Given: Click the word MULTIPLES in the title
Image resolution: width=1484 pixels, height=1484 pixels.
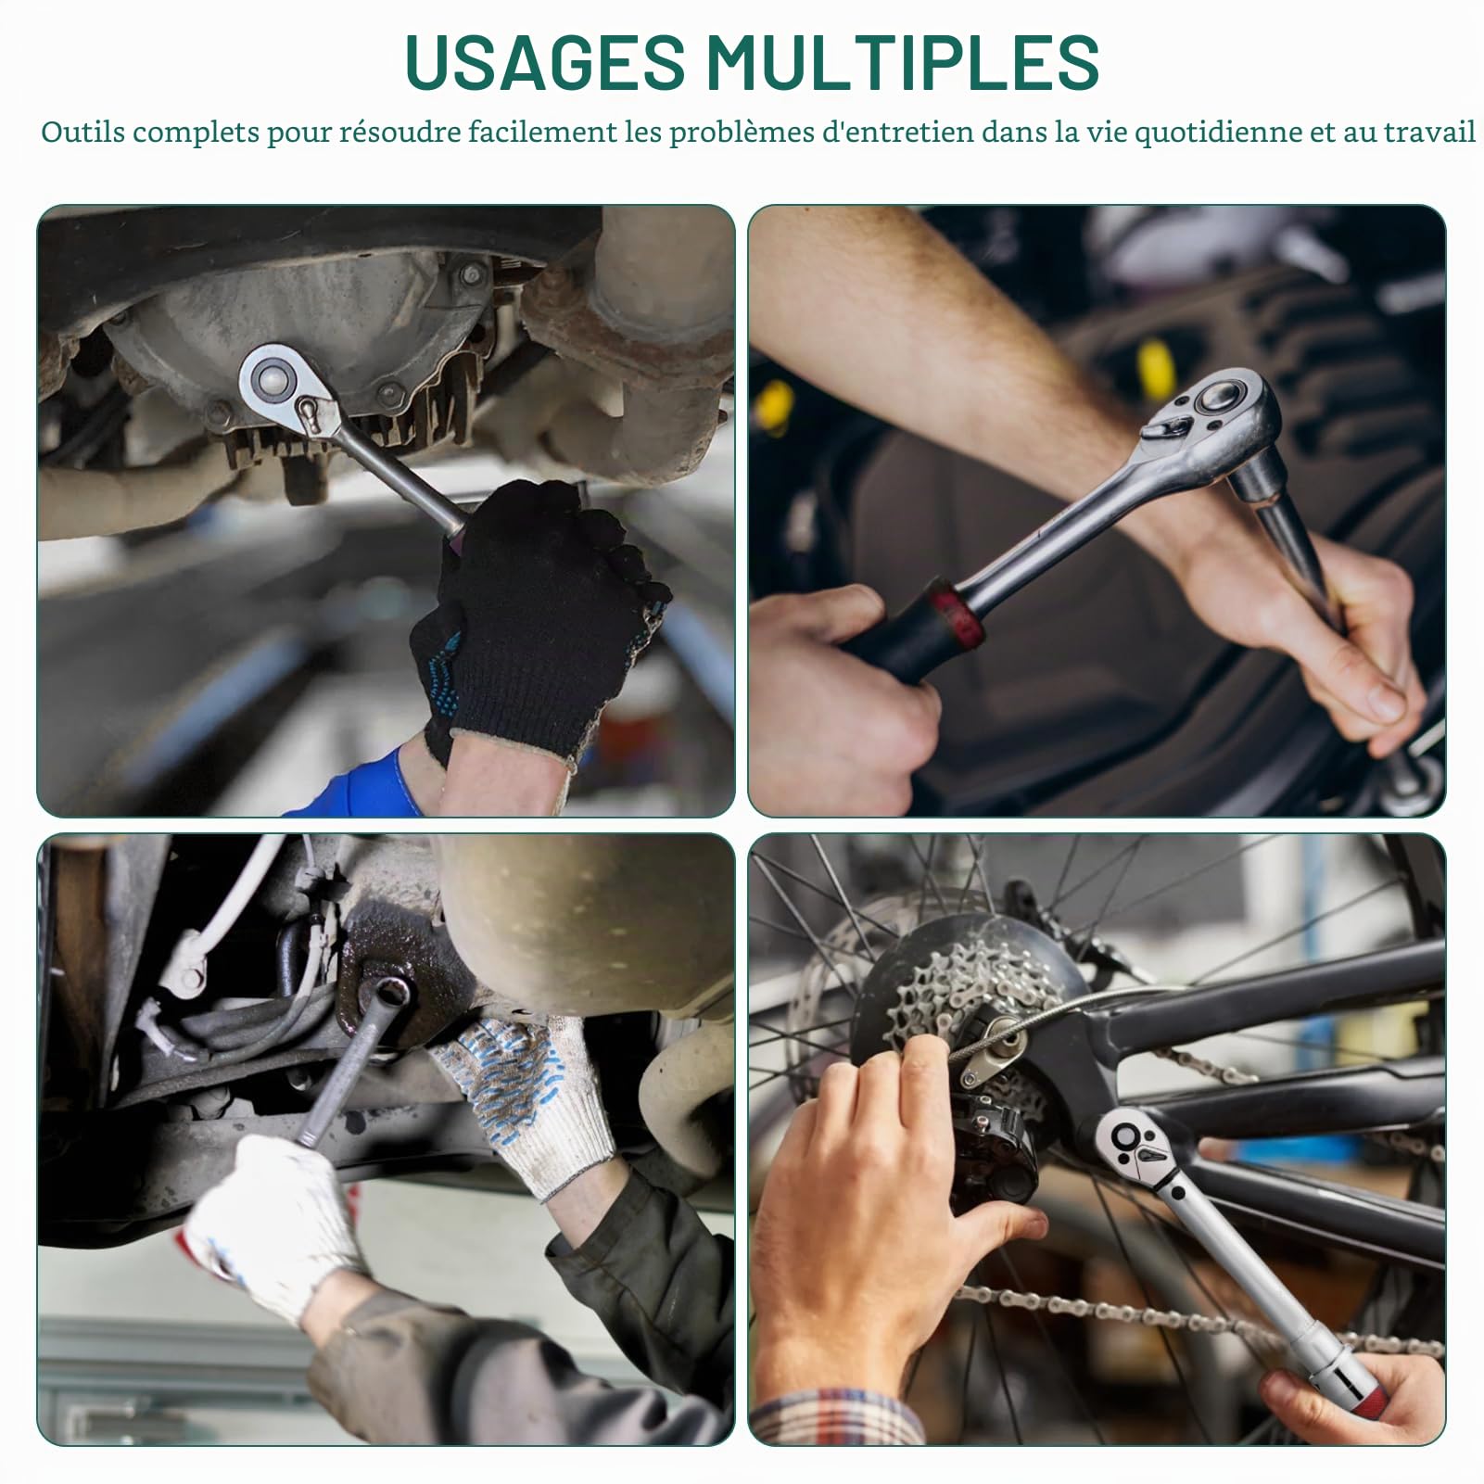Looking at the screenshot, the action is click(903, 62).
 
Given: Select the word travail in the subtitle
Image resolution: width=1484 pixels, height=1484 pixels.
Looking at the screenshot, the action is click(1429, 132).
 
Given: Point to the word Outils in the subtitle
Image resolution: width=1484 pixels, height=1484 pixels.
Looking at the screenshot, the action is click(82, 132).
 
